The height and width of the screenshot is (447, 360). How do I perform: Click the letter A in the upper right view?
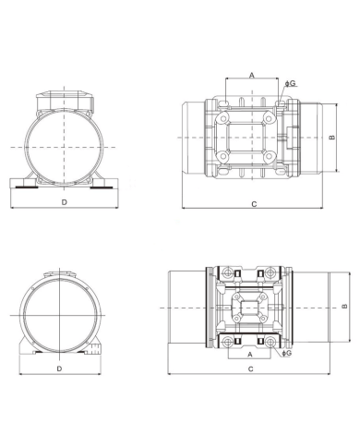coord(252,76)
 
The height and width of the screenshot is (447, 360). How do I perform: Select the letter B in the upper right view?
coord(330,139)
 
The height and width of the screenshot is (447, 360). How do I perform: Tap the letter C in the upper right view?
coord(252,201)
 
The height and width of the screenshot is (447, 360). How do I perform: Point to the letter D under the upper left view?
coord(63,200)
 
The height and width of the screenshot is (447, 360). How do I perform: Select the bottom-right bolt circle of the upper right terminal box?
coord(277,169)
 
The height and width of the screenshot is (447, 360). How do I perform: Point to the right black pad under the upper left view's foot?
coord(100,183)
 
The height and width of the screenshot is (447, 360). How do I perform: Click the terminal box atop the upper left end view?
coord(64,97)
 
